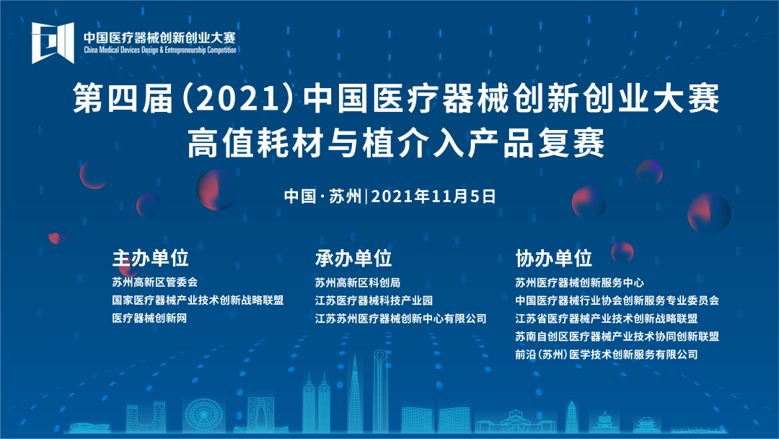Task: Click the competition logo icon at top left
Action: [53, 43]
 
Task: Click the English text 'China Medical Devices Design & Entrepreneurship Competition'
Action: [159, 51]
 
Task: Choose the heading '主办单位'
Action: [149, 258]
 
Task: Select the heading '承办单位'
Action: [353, 258]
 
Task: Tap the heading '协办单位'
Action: [553, 258]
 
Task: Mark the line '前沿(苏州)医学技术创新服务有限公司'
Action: [606, 355]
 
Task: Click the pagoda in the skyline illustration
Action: [571, 415]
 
